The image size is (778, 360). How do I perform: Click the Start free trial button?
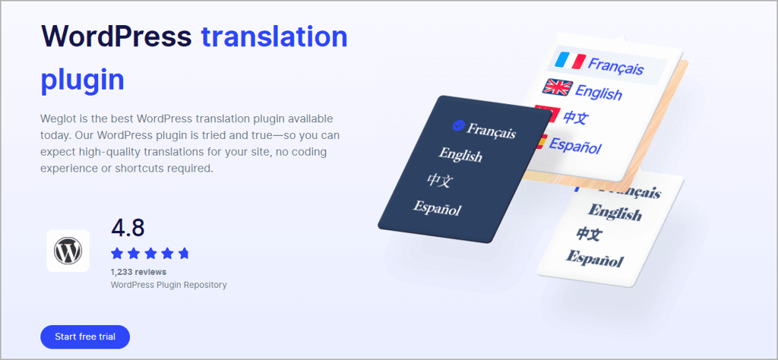coord(85,337)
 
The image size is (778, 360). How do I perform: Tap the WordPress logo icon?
coord(68,251)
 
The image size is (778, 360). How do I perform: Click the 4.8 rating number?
coord(128,228)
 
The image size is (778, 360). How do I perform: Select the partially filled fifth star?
coord(184,254)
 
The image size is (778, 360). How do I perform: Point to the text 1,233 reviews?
coord(138,272)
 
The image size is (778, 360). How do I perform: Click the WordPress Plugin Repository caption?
coord(169,285)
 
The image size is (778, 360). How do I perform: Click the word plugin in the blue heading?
coord(82,81)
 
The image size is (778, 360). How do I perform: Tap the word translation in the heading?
coord(274,36)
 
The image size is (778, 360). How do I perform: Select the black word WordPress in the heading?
coord(116,36)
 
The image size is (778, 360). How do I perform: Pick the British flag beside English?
coord(558,87)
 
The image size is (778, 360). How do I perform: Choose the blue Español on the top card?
coord(576,145)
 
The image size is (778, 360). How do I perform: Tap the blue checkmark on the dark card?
coord(457,126)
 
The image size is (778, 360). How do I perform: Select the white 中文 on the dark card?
coord(439,180)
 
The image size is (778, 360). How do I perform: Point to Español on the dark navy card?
coord(437,208)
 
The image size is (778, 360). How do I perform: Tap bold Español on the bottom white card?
coord(594,258)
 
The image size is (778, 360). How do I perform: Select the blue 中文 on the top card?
coord(576,118)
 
